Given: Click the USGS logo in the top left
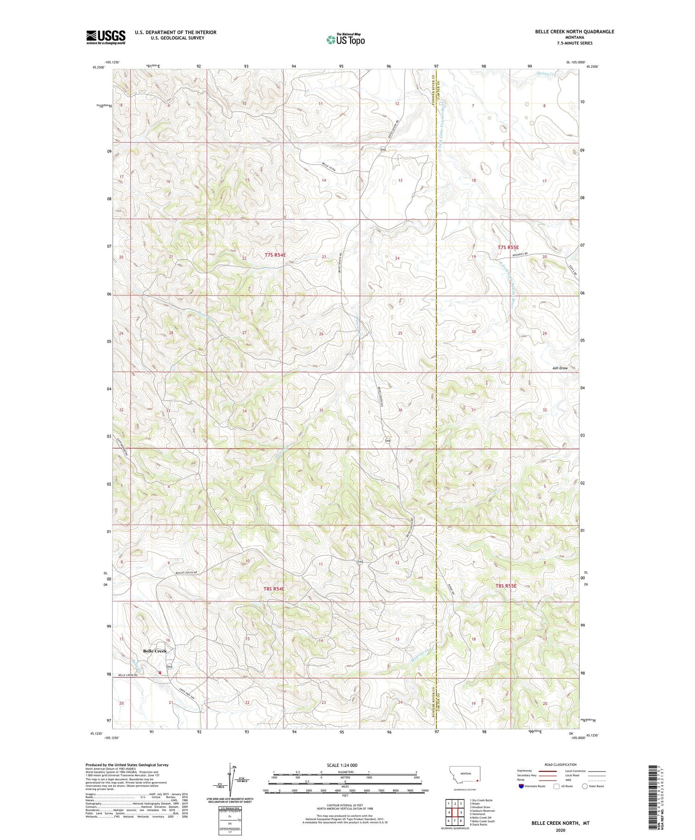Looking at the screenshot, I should tap(106, 37).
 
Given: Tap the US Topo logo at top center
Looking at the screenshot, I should tap(345, 40).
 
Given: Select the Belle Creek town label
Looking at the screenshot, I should tap(155, 651).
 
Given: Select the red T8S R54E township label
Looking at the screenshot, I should tap(274, 588).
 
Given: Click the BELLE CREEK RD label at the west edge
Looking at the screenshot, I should tap(129, 676).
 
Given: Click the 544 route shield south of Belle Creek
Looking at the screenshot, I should tap(170, 666).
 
